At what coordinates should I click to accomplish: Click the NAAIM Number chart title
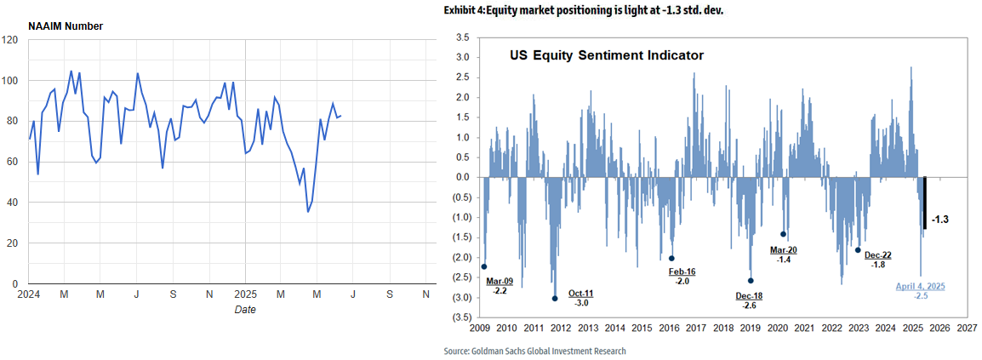click(66, 26)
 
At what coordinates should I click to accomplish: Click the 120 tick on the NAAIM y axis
click(10, 40)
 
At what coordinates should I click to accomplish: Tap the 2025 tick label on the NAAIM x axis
click(245, 294)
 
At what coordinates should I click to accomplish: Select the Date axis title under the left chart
click(245, 310)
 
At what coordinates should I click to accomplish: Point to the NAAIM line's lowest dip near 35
click(308, 211)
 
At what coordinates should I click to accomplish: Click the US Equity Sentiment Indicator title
click(607, 56)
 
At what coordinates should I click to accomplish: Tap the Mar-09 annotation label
click(500, 280)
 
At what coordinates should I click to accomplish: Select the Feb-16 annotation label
click(682, 271)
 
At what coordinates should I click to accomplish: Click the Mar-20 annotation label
click(784, 249)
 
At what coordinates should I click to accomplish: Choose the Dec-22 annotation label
click(877, 254)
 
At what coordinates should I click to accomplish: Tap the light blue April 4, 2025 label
click(922, 287)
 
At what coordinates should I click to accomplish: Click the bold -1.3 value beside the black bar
click(940, 220)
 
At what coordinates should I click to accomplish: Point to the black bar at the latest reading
click(925, 203)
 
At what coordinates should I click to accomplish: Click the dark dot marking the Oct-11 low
click(555, 298)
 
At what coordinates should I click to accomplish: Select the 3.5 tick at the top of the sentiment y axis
click(463, 37)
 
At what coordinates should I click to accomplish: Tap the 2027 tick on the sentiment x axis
click(967, 328)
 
